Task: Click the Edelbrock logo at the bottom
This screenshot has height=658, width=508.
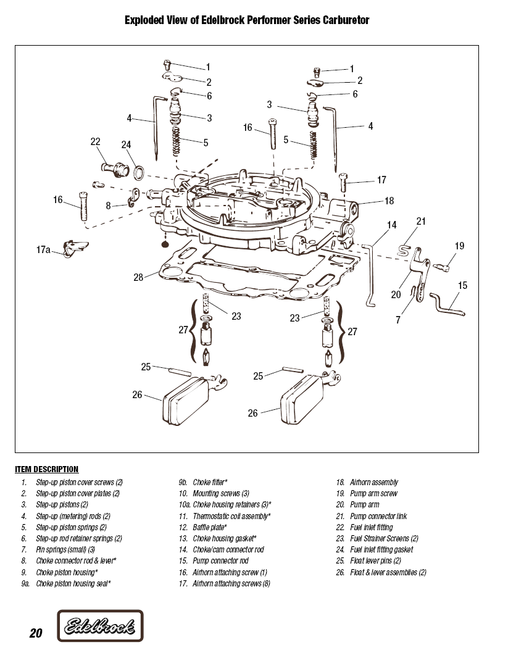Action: (x=100, y=628)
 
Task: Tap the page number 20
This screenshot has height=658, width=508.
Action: (x=35, y=633)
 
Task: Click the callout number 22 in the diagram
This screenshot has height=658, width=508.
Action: (x=96, y=142)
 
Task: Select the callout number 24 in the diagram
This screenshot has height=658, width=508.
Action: (x=126, y=145)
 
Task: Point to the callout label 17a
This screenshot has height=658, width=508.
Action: (x=43, y=250)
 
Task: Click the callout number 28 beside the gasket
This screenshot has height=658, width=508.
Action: (x=138, y=277)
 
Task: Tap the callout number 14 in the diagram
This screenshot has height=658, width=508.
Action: (x=391, y=225)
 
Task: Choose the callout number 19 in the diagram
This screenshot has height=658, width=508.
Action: (x=459, y=246)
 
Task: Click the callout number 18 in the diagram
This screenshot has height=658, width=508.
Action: (x=389, y=201)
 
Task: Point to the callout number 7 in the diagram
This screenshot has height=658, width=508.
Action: (x=398, y=320)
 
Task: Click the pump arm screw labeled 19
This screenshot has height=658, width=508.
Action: (x=441, y=267)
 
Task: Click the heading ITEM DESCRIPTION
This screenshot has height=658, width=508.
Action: (x=46, y=469)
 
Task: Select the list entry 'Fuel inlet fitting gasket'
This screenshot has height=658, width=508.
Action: (x=381, y=549)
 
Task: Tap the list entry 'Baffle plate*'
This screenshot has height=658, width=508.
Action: (x=209, y=527)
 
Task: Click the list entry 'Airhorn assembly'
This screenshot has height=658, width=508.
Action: (x=373, y=482)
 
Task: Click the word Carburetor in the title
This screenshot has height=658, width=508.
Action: (x=342, y=20)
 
